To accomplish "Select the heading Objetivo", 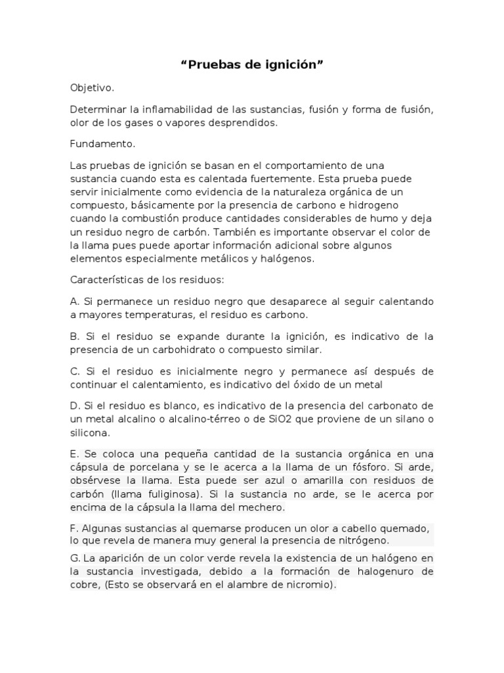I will (93, 87).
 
